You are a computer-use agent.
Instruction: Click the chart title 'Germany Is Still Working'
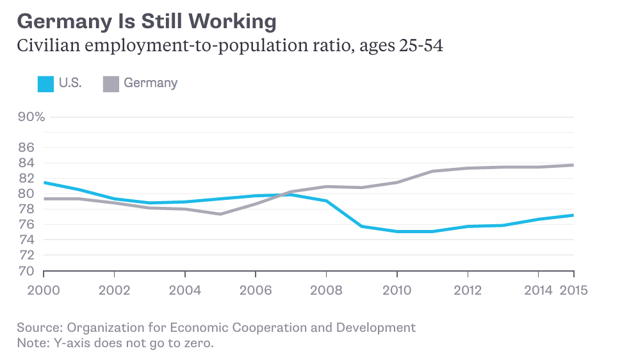147,21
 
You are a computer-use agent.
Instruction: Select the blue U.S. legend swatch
45,84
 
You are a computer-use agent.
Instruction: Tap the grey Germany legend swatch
111,84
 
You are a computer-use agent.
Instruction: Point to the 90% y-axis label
30,117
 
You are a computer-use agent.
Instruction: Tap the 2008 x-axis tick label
327,290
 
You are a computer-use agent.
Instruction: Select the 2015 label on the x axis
574,290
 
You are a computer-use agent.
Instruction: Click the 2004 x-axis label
185,290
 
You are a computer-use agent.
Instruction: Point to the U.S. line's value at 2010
397,231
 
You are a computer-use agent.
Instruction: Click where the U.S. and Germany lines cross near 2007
286,193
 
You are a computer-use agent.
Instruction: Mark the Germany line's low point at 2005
220,214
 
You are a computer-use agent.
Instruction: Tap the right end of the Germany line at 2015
573,165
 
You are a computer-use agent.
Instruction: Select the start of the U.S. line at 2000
44,183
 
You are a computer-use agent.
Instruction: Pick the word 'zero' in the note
197,343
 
